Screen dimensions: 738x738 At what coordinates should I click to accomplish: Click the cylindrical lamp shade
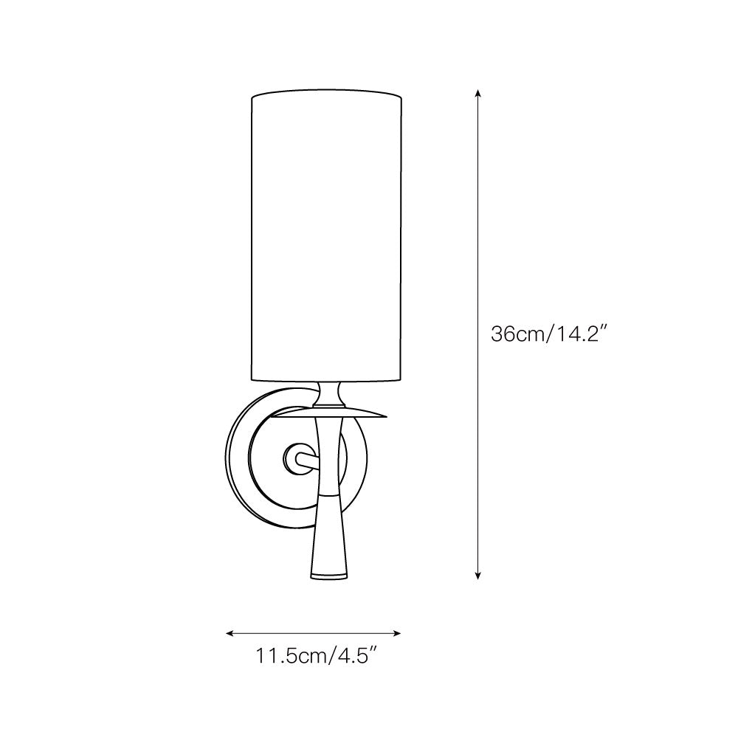tap(327, 236)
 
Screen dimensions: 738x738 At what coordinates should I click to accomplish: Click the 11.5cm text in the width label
tap(284, 655)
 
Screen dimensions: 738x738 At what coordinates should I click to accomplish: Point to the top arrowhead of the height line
tap(478, 94)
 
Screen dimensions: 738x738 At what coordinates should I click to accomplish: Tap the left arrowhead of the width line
tap(230, 632)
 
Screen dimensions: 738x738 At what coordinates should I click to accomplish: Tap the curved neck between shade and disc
tap(327, 396)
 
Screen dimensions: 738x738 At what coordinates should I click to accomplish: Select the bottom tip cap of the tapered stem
tap(327, 573)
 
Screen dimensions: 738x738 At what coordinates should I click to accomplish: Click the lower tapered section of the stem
tap(327, 531)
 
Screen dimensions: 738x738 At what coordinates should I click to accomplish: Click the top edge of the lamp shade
tap(327, 94)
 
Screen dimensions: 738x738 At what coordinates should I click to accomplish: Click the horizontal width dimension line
tap(313, 632)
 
